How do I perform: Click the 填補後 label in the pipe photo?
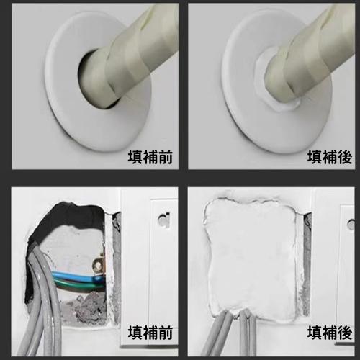click(330, 156)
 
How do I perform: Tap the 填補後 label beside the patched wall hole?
click(330, 333)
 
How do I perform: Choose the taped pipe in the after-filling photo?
click(302, 58)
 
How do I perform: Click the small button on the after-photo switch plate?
click(351, 224)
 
